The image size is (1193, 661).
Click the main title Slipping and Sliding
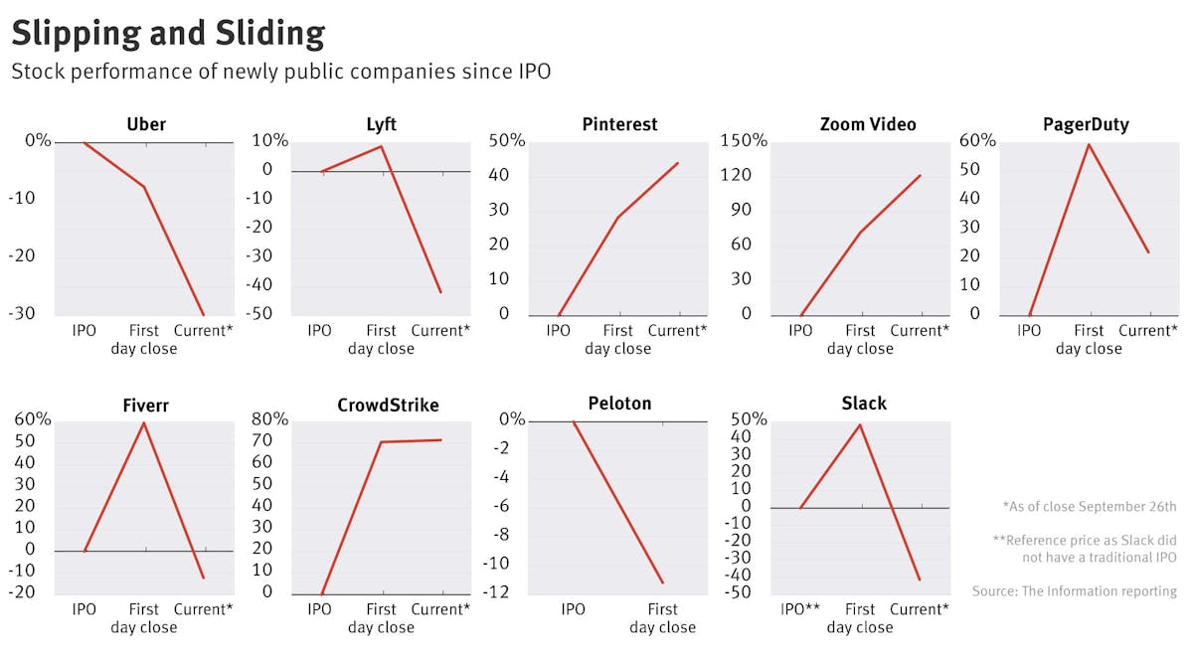(x=168, y=33)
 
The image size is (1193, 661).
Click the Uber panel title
(x=146, y=124)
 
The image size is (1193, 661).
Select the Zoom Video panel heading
(x=868, y=124)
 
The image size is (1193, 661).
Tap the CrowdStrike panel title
(x=388, y=405)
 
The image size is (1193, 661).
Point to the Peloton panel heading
(x=619, y=404)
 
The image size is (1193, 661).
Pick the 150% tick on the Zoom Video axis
(x=744, y=140)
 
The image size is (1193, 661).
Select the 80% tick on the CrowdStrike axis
(x=269, y=419)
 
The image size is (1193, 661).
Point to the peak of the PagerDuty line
(x=1089, y=145)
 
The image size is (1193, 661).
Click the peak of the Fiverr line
(x=144, y=423)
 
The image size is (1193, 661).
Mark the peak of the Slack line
(x=860, y=425)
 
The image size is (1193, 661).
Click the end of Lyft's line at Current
(x=440, y=292)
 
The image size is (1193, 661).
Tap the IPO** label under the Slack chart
(x=800, y=609)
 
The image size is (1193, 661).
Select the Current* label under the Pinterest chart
(x=677, y=331)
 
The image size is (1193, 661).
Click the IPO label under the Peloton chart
(x=573, y=609)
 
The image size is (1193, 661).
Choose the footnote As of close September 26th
(x=1090, y=507)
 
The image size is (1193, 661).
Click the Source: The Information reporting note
(x=1075, y=591)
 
